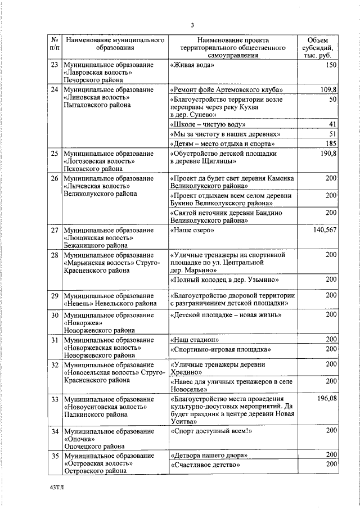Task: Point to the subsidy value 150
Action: click(331, 65)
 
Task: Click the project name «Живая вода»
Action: click(192, 65)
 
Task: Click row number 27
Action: click(55, 231)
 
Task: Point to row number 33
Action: click(55, 399)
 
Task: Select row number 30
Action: click(55, 316)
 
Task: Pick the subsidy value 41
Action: click(332, 124)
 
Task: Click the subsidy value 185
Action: click(331, 144)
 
